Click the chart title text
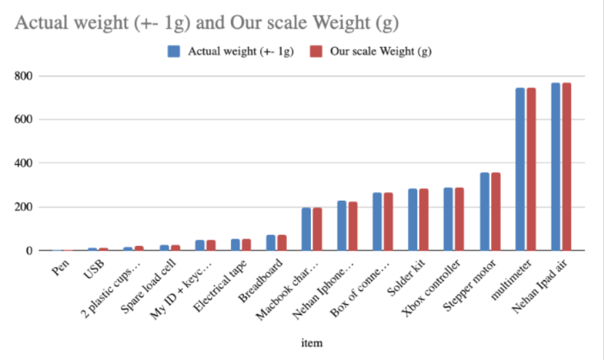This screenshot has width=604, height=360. point(206,23)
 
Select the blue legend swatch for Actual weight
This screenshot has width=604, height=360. point(174,52)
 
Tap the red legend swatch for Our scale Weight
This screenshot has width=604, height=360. point(316,52)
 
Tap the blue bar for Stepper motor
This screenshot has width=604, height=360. point(484,212)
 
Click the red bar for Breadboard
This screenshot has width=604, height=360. point(282,243)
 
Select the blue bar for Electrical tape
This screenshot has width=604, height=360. point(235,245)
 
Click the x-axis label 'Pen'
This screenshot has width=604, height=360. point(59,268)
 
